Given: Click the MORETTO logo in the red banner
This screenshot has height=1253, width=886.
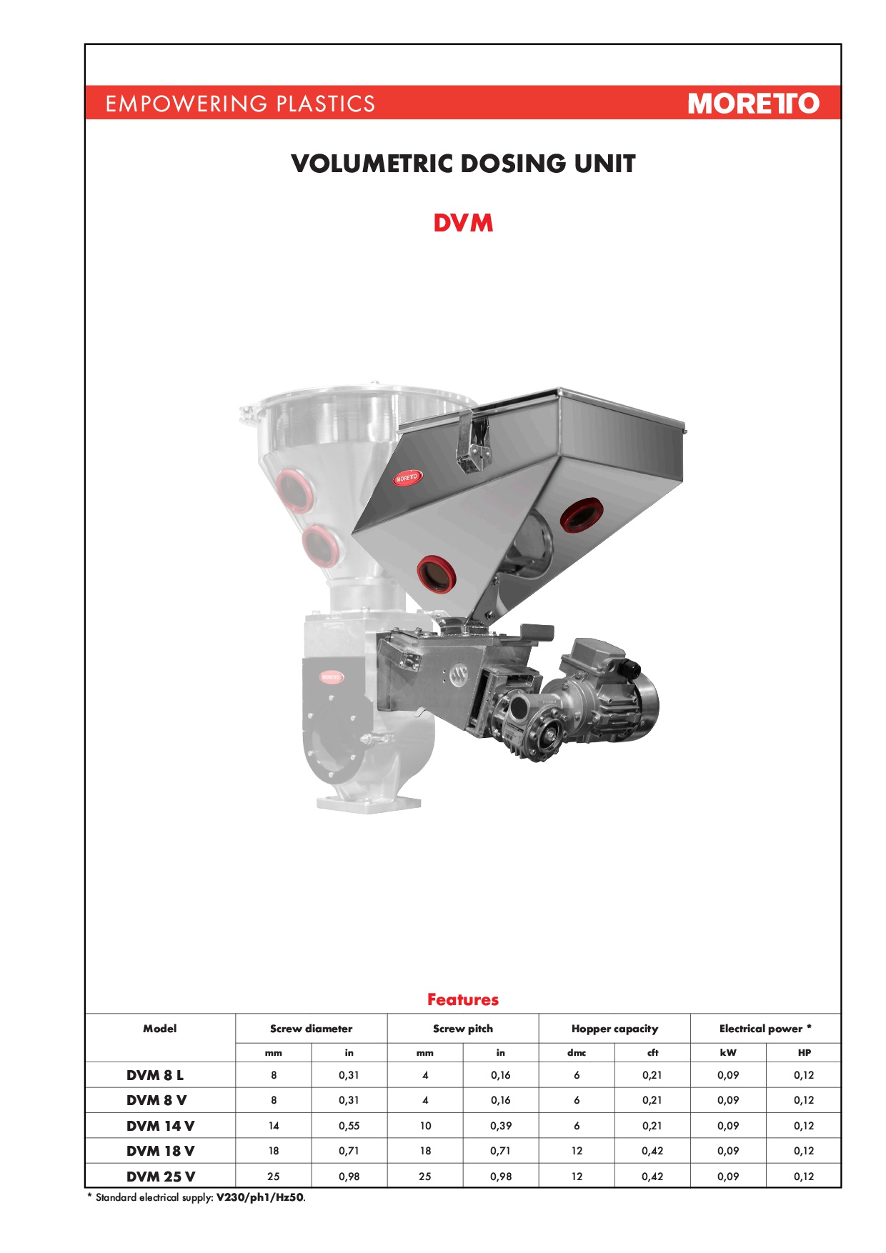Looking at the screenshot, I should (x=753, y=104).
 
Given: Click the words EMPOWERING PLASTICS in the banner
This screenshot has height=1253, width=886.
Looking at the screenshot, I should (x=240, y=104).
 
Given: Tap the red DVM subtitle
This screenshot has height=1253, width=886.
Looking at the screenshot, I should (x=463, y=223).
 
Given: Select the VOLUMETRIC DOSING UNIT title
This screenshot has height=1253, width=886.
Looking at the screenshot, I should (x=463, y=164).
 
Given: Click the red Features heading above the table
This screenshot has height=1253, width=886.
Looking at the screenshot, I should (x=463, y=999).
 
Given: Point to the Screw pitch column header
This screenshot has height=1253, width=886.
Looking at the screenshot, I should (x=463, y=1029).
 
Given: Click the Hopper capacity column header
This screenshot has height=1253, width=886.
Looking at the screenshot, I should (x=614, y=1029).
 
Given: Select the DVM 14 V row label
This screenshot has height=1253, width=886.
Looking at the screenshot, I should (x=160, y=1126).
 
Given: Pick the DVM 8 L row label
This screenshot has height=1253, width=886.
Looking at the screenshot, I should (x=155, y=1075).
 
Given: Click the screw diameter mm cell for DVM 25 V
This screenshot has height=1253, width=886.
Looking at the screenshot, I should (x=274, y=1177).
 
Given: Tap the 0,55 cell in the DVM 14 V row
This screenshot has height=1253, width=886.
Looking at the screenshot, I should (x=349, y=1126).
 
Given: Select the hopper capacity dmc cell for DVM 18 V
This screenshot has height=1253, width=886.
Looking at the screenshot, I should (x=577, y=1151).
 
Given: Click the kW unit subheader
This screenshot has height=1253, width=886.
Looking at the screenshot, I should (x=728, y=1052).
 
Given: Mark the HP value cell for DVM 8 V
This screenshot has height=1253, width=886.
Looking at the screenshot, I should (x=804, y=1100).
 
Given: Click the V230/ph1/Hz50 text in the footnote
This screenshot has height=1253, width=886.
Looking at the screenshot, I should (x=260, y=1197).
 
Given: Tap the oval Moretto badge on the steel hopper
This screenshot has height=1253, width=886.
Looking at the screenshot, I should (x=407, y=477).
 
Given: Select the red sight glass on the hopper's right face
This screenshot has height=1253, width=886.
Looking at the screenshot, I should (x=581, y=514).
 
